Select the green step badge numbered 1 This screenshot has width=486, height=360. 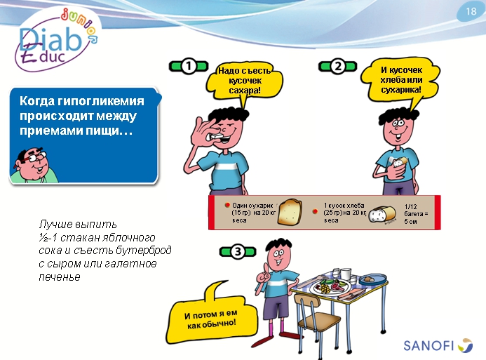click(x=189, y=67)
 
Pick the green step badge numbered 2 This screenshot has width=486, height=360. click(x=337, y=67)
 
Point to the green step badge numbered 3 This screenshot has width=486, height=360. click(x=237, y=251)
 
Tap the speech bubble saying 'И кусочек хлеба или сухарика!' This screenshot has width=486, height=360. click(x=400, y=80)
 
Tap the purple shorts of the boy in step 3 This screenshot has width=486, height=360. click(x=277, y=306)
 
